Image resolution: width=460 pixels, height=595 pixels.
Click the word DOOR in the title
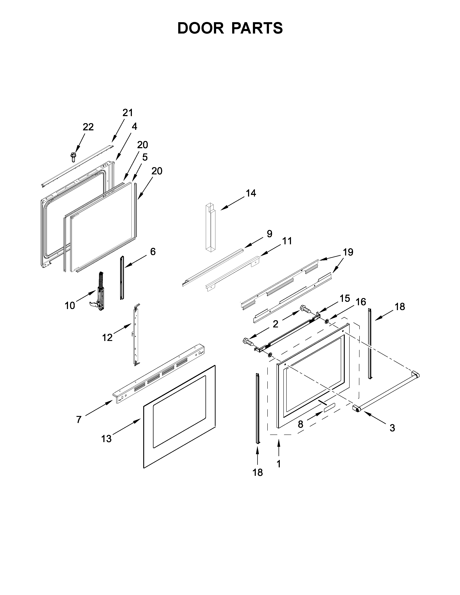click(200, 28)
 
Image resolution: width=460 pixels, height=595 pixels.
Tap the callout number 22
click(88, 127)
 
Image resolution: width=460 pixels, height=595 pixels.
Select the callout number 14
click(251, 193)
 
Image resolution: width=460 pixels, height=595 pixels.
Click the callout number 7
click(79, 420)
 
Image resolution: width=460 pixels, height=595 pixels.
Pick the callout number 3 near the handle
click(392, 428)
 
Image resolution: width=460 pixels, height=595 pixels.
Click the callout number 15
click(345, 298)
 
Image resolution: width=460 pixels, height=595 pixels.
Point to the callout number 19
click(348, 252)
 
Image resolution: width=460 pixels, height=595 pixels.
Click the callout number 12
click(107, 338)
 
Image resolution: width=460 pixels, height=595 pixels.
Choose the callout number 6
click(153, 252)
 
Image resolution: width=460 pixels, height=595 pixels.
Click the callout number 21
click(127, 113)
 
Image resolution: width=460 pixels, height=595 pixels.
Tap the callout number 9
click(269, 233)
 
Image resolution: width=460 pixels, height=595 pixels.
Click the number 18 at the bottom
click(258, 472)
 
